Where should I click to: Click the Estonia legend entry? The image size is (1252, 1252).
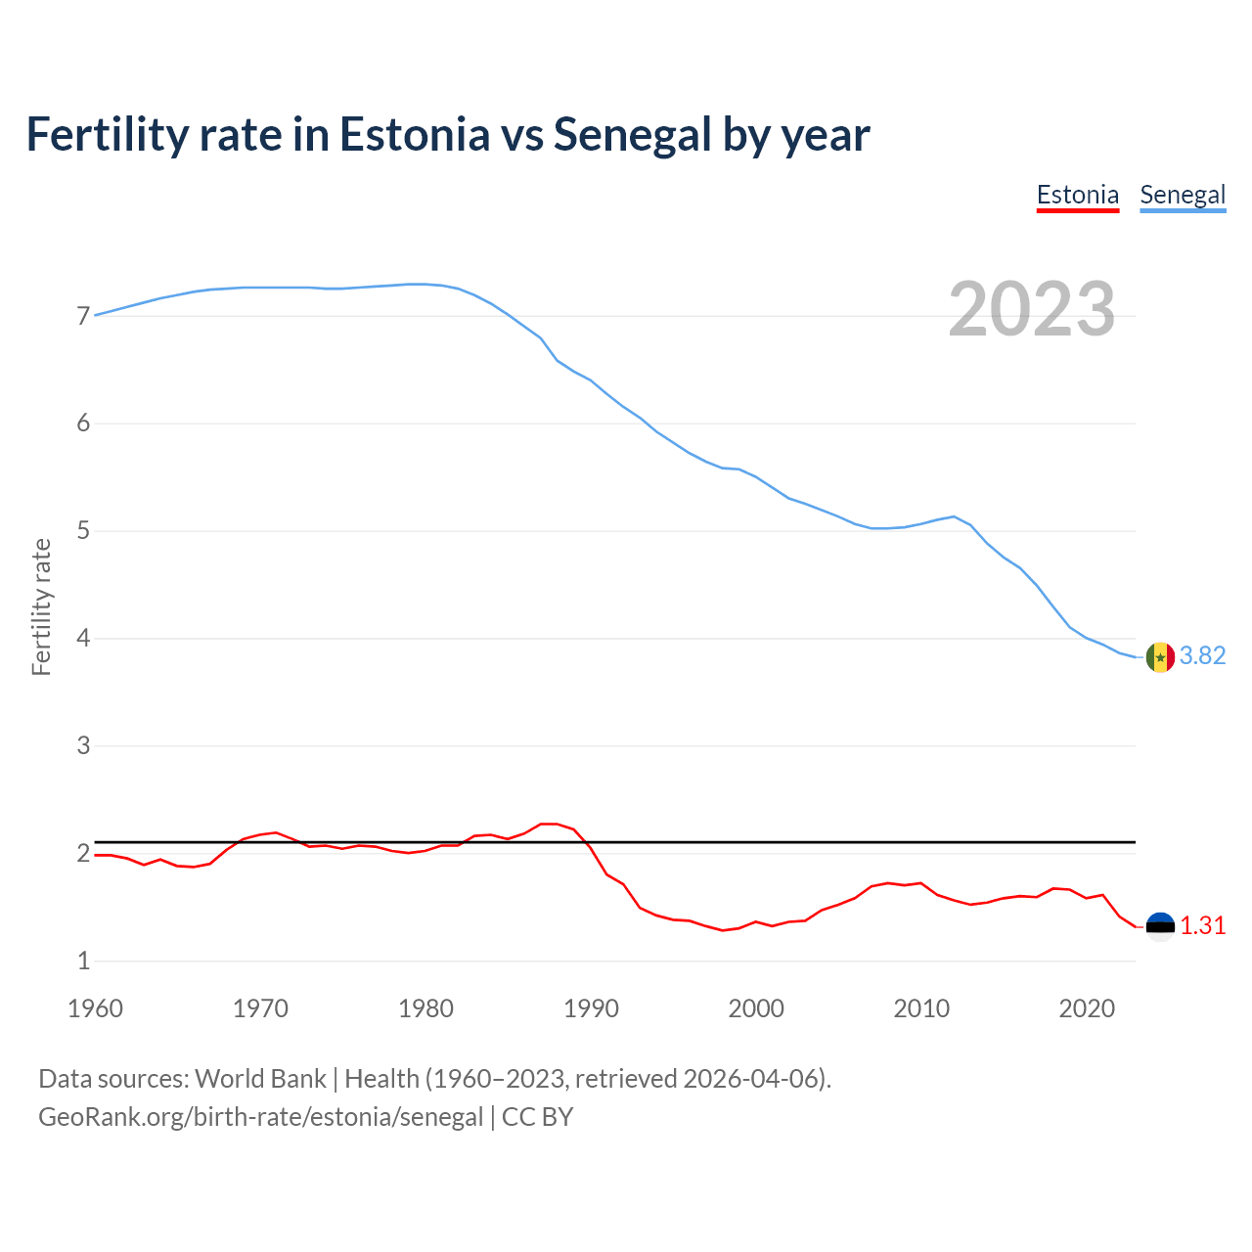tap(1077, 195)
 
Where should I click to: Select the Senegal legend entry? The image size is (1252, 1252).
tap(1183, 195)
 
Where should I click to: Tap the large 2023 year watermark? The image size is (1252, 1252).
tap(1032, 309)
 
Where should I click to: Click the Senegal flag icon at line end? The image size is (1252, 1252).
tap(1160, 657)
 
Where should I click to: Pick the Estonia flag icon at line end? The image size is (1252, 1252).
tap(1160, 926)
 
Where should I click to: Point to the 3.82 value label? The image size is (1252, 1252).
tap(1202, 656)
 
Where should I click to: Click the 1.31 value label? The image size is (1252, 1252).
tap(1202, 925)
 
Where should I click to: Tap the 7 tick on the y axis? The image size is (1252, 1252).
tap(83, 316)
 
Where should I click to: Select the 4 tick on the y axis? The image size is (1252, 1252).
tap(83, 639)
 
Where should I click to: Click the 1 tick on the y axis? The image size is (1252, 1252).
tap(83, 961)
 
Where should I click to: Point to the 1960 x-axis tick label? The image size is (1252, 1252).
tap(95, 1008)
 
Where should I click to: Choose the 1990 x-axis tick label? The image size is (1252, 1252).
tap(591, 1008)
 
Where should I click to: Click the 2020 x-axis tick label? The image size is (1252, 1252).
tap(1087, 1008)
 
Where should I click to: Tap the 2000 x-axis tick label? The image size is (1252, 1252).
tap(756, 1008)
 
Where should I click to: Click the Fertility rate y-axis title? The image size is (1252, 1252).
tap(41, 606)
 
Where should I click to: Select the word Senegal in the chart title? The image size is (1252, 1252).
tap(632, 135)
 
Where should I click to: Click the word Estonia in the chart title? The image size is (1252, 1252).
tap(414, 135)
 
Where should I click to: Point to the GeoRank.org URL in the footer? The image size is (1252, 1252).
tap(260, 1117)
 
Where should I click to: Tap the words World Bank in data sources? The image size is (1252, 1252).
tap(260, 1079)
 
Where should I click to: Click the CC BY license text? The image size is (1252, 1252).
tap(537, 1117)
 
